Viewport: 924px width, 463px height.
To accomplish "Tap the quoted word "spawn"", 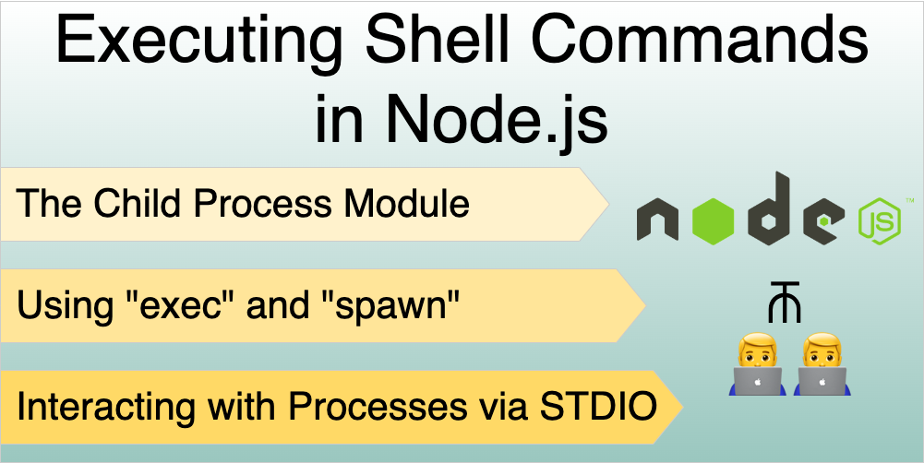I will pyautogui.click(x=396, y=304).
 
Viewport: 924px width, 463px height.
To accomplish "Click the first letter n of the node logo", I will pyautogui.click(x=660, y=222).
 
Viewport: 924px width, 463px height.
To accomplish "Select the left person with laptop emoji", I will pyautogui.click(x=757, y=365).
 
